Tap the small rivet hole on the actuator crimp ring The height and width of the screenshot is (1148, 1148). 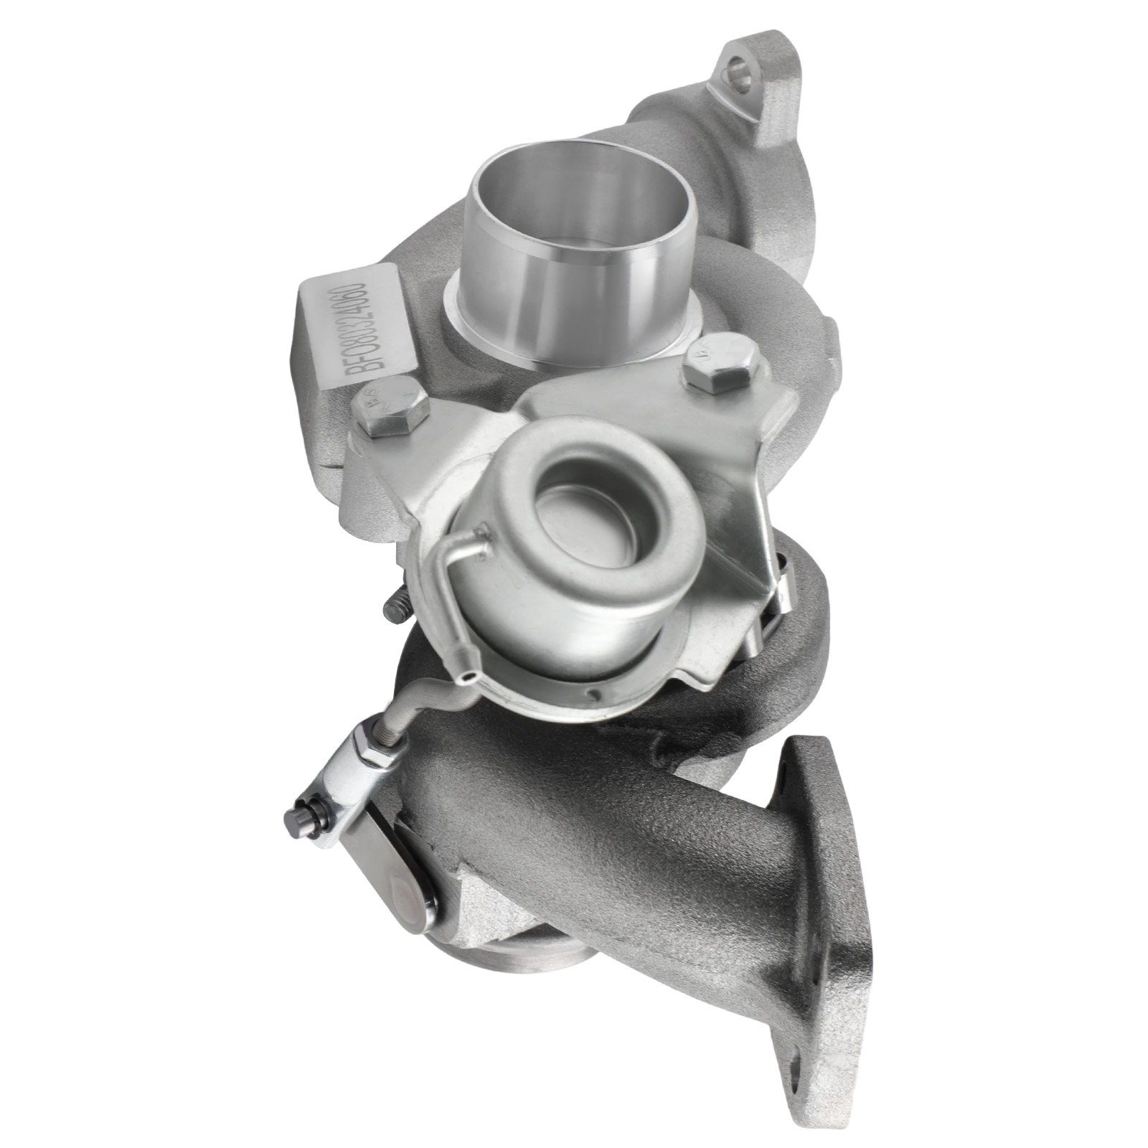tap(592, 695)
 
